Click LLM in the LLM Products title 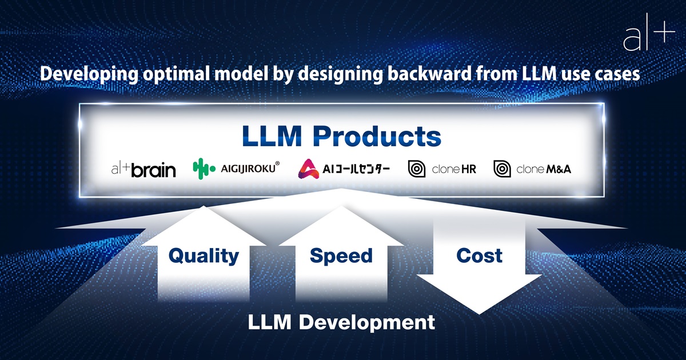click(272, 136)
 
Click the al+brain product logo click(143, 170)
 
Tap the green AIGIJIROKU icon click(204, 169)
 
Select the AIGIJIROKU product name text click(250, 168)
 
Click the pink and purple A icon click(308, 169)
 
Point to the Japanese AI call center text click(356, 169)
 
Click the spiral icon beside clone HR click(417, 169)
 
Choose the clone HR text click(454, 169)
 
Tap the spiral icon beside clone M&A click(502, 169)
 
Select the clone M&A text click(544, 169)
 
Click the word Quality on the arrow click(204, 256)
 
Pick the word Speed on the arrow click(341, 256)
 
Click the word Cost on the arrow click(479, 255)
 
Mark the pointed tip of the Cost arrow click(479, 314)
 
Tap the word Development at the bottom click(367, 323)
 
